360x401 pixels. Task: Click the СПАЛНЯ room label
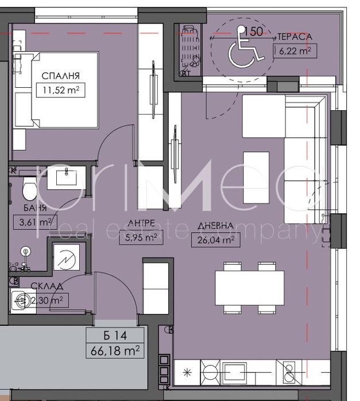60,75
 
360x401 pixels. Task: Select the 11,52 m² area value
60,89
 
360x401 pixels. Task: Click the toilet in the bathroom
28,188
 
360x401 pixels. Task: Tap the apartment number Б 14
115,336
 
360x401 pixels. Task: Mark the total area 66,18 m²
115,349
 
